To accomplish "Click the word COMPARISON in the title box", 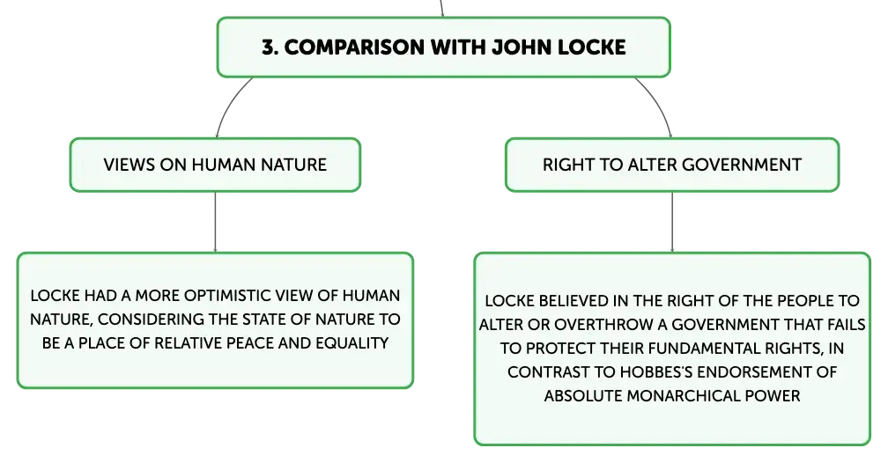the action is tap(354, 47).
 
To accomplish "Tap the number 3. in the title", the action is tap(270, 47).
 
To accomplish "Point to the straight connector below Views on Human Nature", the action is tap(215, 222).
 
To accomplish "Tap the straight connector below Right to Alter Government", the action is tap(672, 222).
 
